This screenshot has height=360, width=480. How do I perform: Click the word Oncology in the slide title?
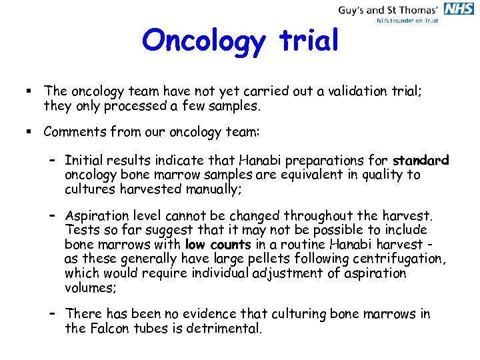coord(203,41)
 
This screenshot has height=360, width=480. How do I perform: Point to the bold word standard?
coord(421,161)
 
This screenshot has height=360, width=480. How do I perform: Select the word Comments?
coord(75,132)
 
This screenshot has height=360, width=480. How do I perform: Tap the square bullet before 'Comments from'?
coord(31,132)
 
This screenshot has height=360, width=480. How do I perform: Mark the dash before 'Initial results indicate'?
coord(53,161)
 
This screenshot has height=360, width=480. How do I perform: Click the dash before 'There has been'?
coord(53,314)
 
